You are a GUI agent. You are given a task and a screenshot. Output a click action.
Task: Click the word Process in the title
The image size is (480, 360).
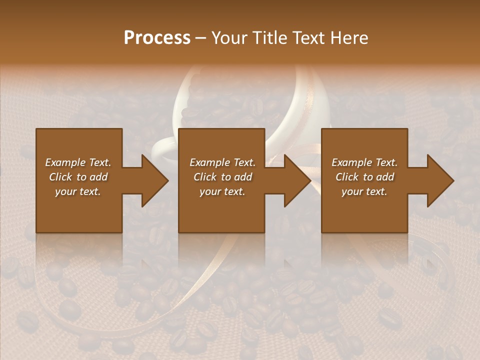point(157,38)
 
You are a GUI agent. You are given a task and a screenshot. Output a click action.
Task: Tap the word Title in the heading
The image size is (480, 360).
point(268,38)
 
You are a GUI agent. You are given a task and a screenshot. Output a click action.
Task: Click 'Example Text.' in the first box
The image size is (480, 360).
point(78,162)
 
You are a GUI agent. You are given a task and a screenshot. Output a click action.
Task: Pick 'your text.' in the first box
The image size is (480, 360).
point(78,191)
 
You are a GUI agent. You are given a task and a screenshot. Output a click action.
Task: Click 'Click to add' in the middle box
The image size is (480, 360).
point(222,177)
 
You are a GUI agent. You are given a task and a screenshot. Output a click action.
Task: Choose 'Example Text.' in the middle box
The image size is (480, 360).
point(222,162)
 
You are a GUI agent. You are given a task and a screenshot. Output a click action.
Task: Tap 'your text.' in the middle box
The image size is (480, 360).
point(222,191)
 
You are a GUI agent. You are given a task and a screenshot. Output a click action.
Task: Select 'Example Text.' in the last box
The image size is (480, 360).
point(364,162)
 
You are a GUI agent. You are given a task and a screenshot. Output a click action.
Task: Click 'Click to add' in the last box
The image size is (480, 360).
point(364,177)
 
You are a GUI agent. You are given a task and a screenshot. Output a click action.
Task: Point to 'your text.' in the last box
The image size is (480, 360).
point(364,191)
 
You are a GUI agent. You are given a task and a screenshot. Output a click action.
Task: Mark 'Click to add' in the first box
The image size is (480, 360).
point(78,177)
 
